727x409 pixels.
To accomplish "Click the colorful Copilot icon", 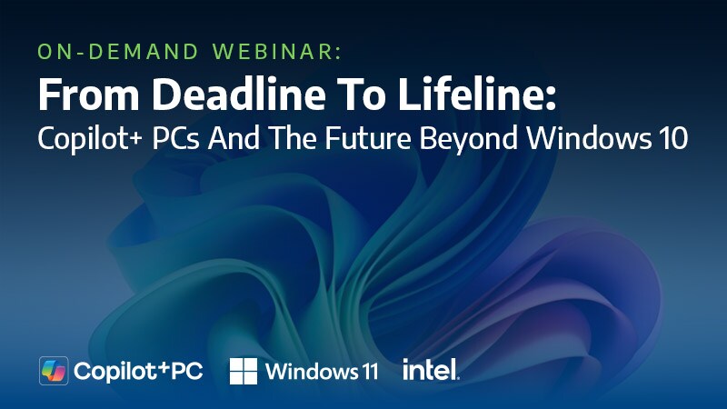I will pos(54,370).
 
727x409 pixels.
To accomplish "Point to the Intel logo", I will pos(431,369).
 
